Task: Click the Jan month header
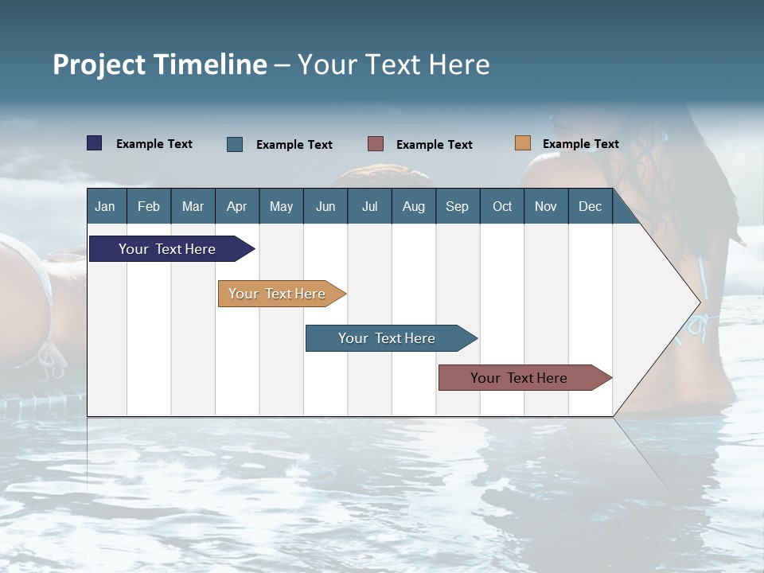pyautogui.click(x=105, y=206)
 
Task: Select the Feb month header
pyautogui.click(x=149, y=206)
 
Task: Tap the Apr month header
pyautogui.click(x=237, y=206)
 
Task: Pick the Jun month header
pyautogui.click(x=325, y=206)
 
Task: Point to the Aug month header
pyautogui.click(x=414, y=206)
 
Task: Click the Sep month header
pyautogui.click(x=458, y=206)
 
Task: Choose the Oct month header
pyautogui.click(x=502, y=206)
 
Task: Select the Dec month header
pyautogui.click(x=591, y=206)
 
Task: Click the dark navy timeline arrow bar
pyautogui.click(x=167, y=249)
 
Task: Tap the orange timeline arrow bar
pyautogui.click(x=277, y=294)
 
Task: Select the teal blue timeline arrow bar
pyautogui.click(x=387, y=338)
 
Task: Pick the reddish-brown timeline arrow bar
pyautogui.click(x=519, y=378)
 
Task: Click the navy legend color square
pyautogui.click(x=95, y=143)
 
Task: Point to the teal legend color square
pyautogui.click(x=235, y=144)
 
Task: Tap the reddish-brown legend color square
pyautogui.click(x=376, y=144)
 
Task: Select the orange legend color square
pyautogui.click(x=523, y=143)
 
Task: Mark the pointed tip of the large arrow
pyautogui.click(x=699, y=302)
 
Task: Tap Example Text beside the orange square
pyautogui.click(x=580, y=144)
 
